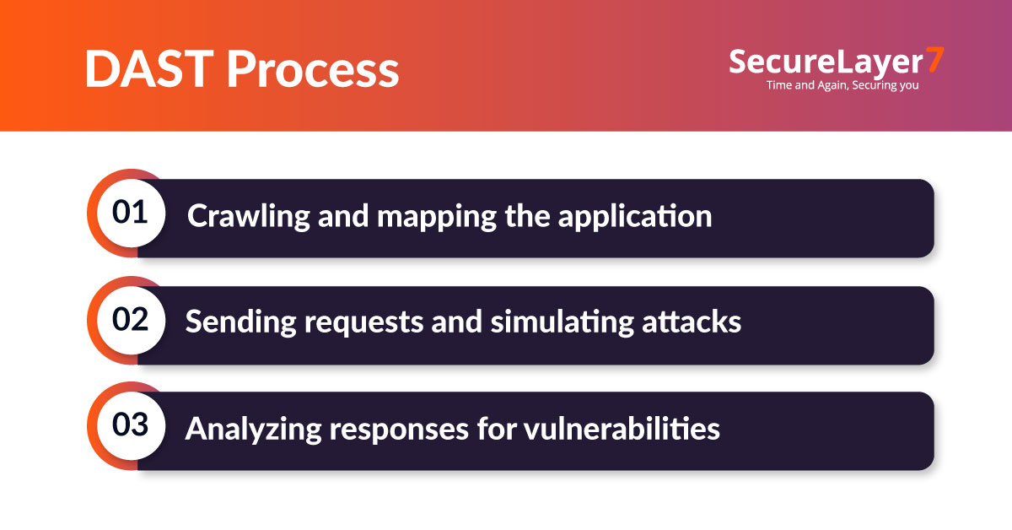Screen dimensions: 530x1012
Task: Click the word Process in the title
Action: (x=312, y=69)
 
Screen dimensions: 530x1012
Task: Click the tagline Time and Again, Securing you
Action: (x=842, y=85)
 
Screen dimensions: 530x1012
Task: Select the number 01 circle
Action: (x=130, y=213)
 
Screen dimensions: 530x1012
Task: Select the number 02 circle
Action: (x=130, y=321)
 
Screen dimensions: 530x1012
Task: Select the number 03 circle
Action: (x=130, y=427)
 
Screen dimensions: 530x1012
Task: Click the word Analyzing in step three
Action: (x=253, y=430)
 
